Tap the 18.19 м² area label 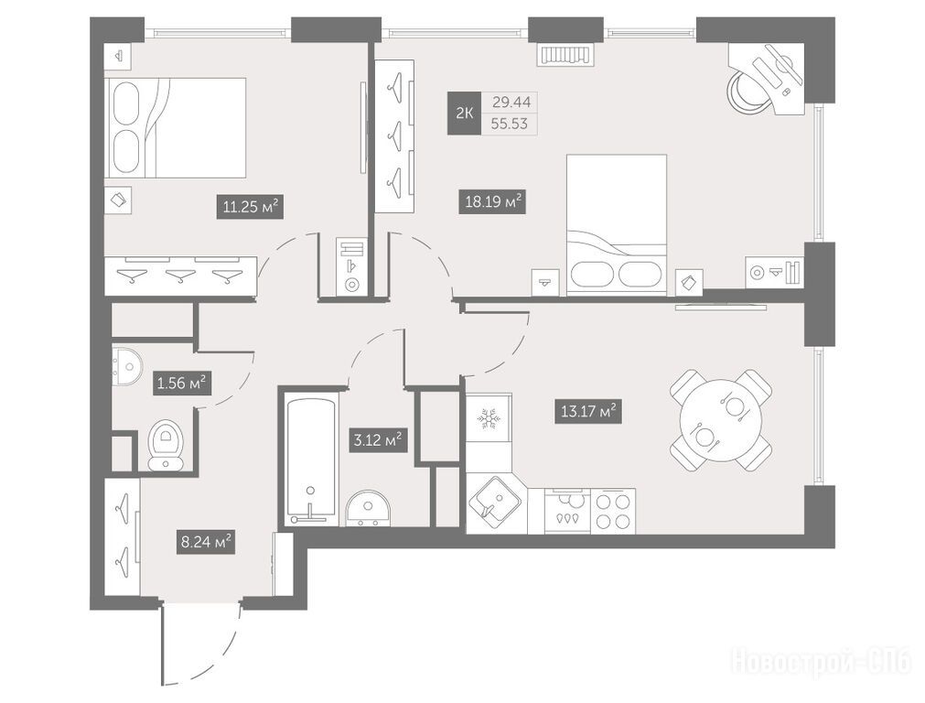pyautogui.click(x=492, y=202)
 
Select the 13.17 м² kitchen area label pyautogui.click(x=588, y=411)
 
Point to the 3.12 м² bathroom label pyautogui.click(x=378, y=440)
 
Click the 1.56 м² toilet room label pyautogui.click(x=182, y=383)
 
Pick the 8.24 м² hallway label pyautogui.click(x=206, y=541)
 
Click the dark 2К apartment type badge pyautogui.click(x=464, y=114)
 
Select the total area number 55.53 pyautogui.click(x=511, y=124)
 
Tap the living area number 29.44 pyautogui.click(x=511, y=103)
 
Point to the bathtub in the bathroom pyautogui.click(x=311, y=460)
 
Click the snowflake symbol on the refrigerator pyautogui.click(x=488, y=418)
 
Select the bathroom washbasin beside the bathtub pyautogui.click(x=368, y=508)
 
